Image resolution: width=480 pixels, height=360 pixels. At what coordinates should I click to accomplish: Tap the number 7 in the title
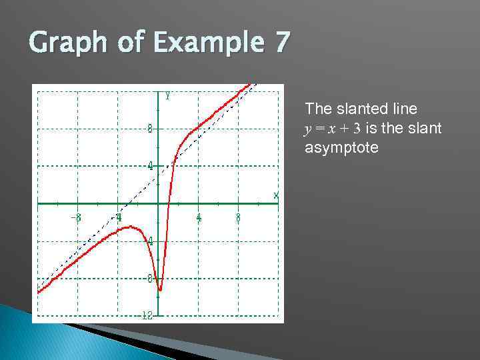click(x=281, y=43)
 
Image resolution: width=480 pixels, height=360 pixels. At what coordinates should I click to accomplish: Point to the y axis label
click(x=167, y=96)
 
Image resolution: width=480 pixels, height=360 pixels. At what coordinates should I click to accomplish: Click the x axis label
click(x=276, y=195)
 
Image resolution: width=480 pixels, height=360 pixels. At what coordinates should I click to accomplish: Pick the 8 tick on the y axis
click(x=151, y=129)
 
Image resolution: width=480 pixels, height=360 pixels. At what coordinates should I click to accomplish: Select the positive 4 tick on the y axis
click(x=151, y=166)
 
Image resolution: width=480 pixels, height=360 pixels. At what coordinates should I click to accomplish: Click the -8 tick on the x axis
click(x=77, y=217)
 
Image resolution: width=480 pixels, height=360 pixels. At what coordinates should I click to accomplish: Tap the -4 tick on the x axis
click(x=117, y=217)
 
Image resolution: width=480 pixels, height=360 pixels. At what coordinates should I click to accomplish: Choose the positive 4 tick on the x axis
click(x=199, y=217)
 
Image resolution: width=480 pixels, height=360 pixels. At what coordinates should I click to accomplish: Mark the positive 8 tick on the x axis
click(x=239, y=217)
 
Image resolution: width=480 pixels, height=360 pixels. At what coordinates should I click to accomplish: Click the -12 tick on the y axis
click(x=147, y=315)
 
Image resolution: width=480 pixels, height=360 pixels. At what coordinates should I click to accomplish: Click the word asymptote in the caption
click(x=341, y=147)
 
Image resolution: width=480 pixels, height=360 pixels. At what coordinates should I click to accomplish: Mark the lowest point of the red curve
click(x=160, y=290)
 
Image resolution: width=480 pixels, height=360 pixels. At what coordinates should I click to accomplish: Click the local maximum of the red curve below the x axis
click(x=130, y=227)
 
